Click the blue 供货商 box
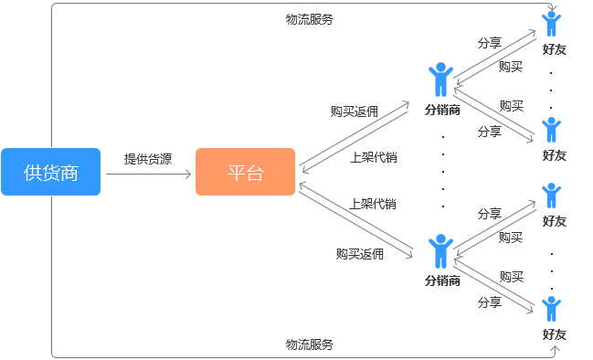[50, 172]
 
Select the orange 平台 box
[245, 172]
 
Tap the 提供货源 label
[148, 158]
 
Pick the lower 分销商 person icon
[441, 250]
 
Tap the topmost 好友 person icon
[551, 23]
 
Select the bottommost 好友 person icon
[551, 309]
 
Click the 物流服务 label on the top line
[309, 18]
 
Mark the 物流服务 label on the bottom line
[309, 344]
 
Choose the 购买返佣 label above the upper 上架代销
[355, 111]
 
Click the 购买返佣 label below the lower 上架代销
[359, 254]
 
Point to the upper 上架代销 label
[373, 157]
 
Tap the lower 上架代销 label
[373, 203]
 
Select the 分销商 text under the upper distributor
[442, 110]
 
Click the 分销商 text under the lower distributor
[442, 281]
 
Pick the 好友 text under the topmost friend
[554, 49]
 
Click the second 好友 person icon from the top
[551, 129]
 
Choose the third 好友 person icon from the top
[551, 195]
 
